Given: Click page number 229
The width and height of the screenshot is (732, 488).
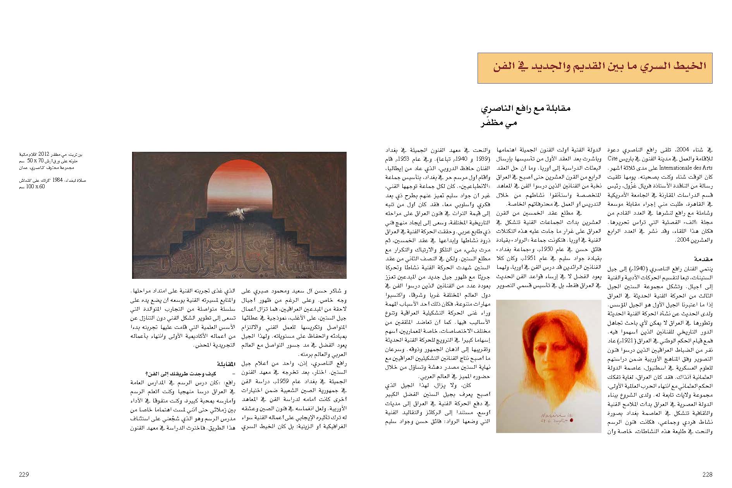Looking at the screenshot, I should pyautogui.click(x=24, y=474).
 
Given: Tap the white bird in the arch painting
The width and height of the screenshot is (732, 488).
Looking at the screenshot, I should pyautogui.click(x=237, y=212).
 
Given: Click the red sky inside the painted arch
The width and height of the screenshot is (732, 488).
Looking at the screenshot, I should pyautogui.click(x=239, y=178).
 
